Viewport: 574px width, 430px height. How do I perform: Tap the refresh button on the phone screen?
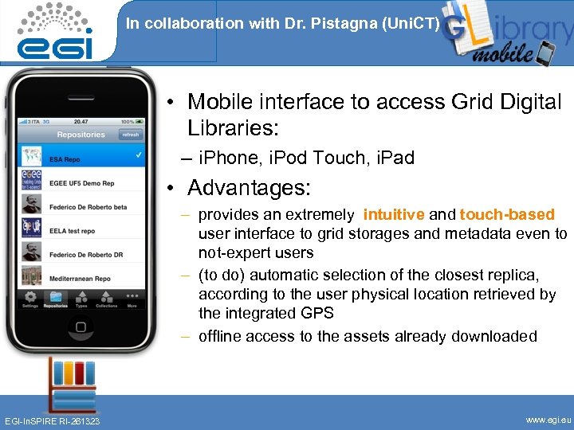[x=130, y=135]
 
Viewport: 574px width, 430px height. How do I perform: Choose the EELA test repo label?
[x=76, y=231]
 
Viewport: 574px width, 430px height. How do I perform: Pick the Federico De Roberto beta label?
[x=92, y=207]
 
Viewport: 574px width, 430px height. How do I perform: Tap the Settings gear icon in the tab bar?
[x=30, y=299]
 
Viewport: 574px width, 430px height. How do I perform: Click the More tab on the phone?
[x=132, y=299]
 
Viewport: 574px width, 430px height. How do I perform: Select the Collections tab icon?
[x=106, y=299]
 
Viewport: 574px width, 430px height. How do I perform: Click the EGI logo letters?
[x=55, y=45]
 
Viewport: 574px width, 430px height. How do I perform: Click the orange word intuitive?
[x=394, y=214]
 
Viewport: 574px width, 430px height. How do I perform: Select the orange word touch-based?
[x=507, y=214]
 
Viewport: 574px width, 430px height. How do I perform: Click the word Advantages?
[x=249, y=189]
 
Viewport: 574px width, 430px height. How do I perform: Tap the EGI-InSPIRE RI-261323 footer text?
[x=53, y=420]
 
